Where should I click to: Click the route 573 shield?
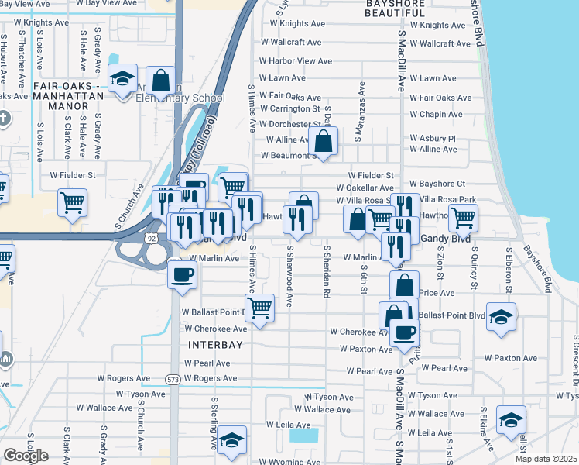[x=173, y=380]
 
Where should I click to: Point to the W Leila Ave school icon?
[x=231, y=439]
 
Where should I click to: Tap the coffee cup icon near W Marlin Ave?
[x=183, y=274]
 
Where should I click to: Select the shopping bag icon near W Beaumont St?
[x=324, y=141]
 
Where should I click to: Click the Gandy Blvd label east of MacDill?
[x=444, y=240]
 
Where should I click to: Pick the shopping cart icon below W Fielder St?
[x=72, y=203]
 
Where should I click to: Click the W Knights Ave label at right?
[x=438, y=25]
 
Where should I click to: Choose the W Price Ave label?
[x=437, y=294]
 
